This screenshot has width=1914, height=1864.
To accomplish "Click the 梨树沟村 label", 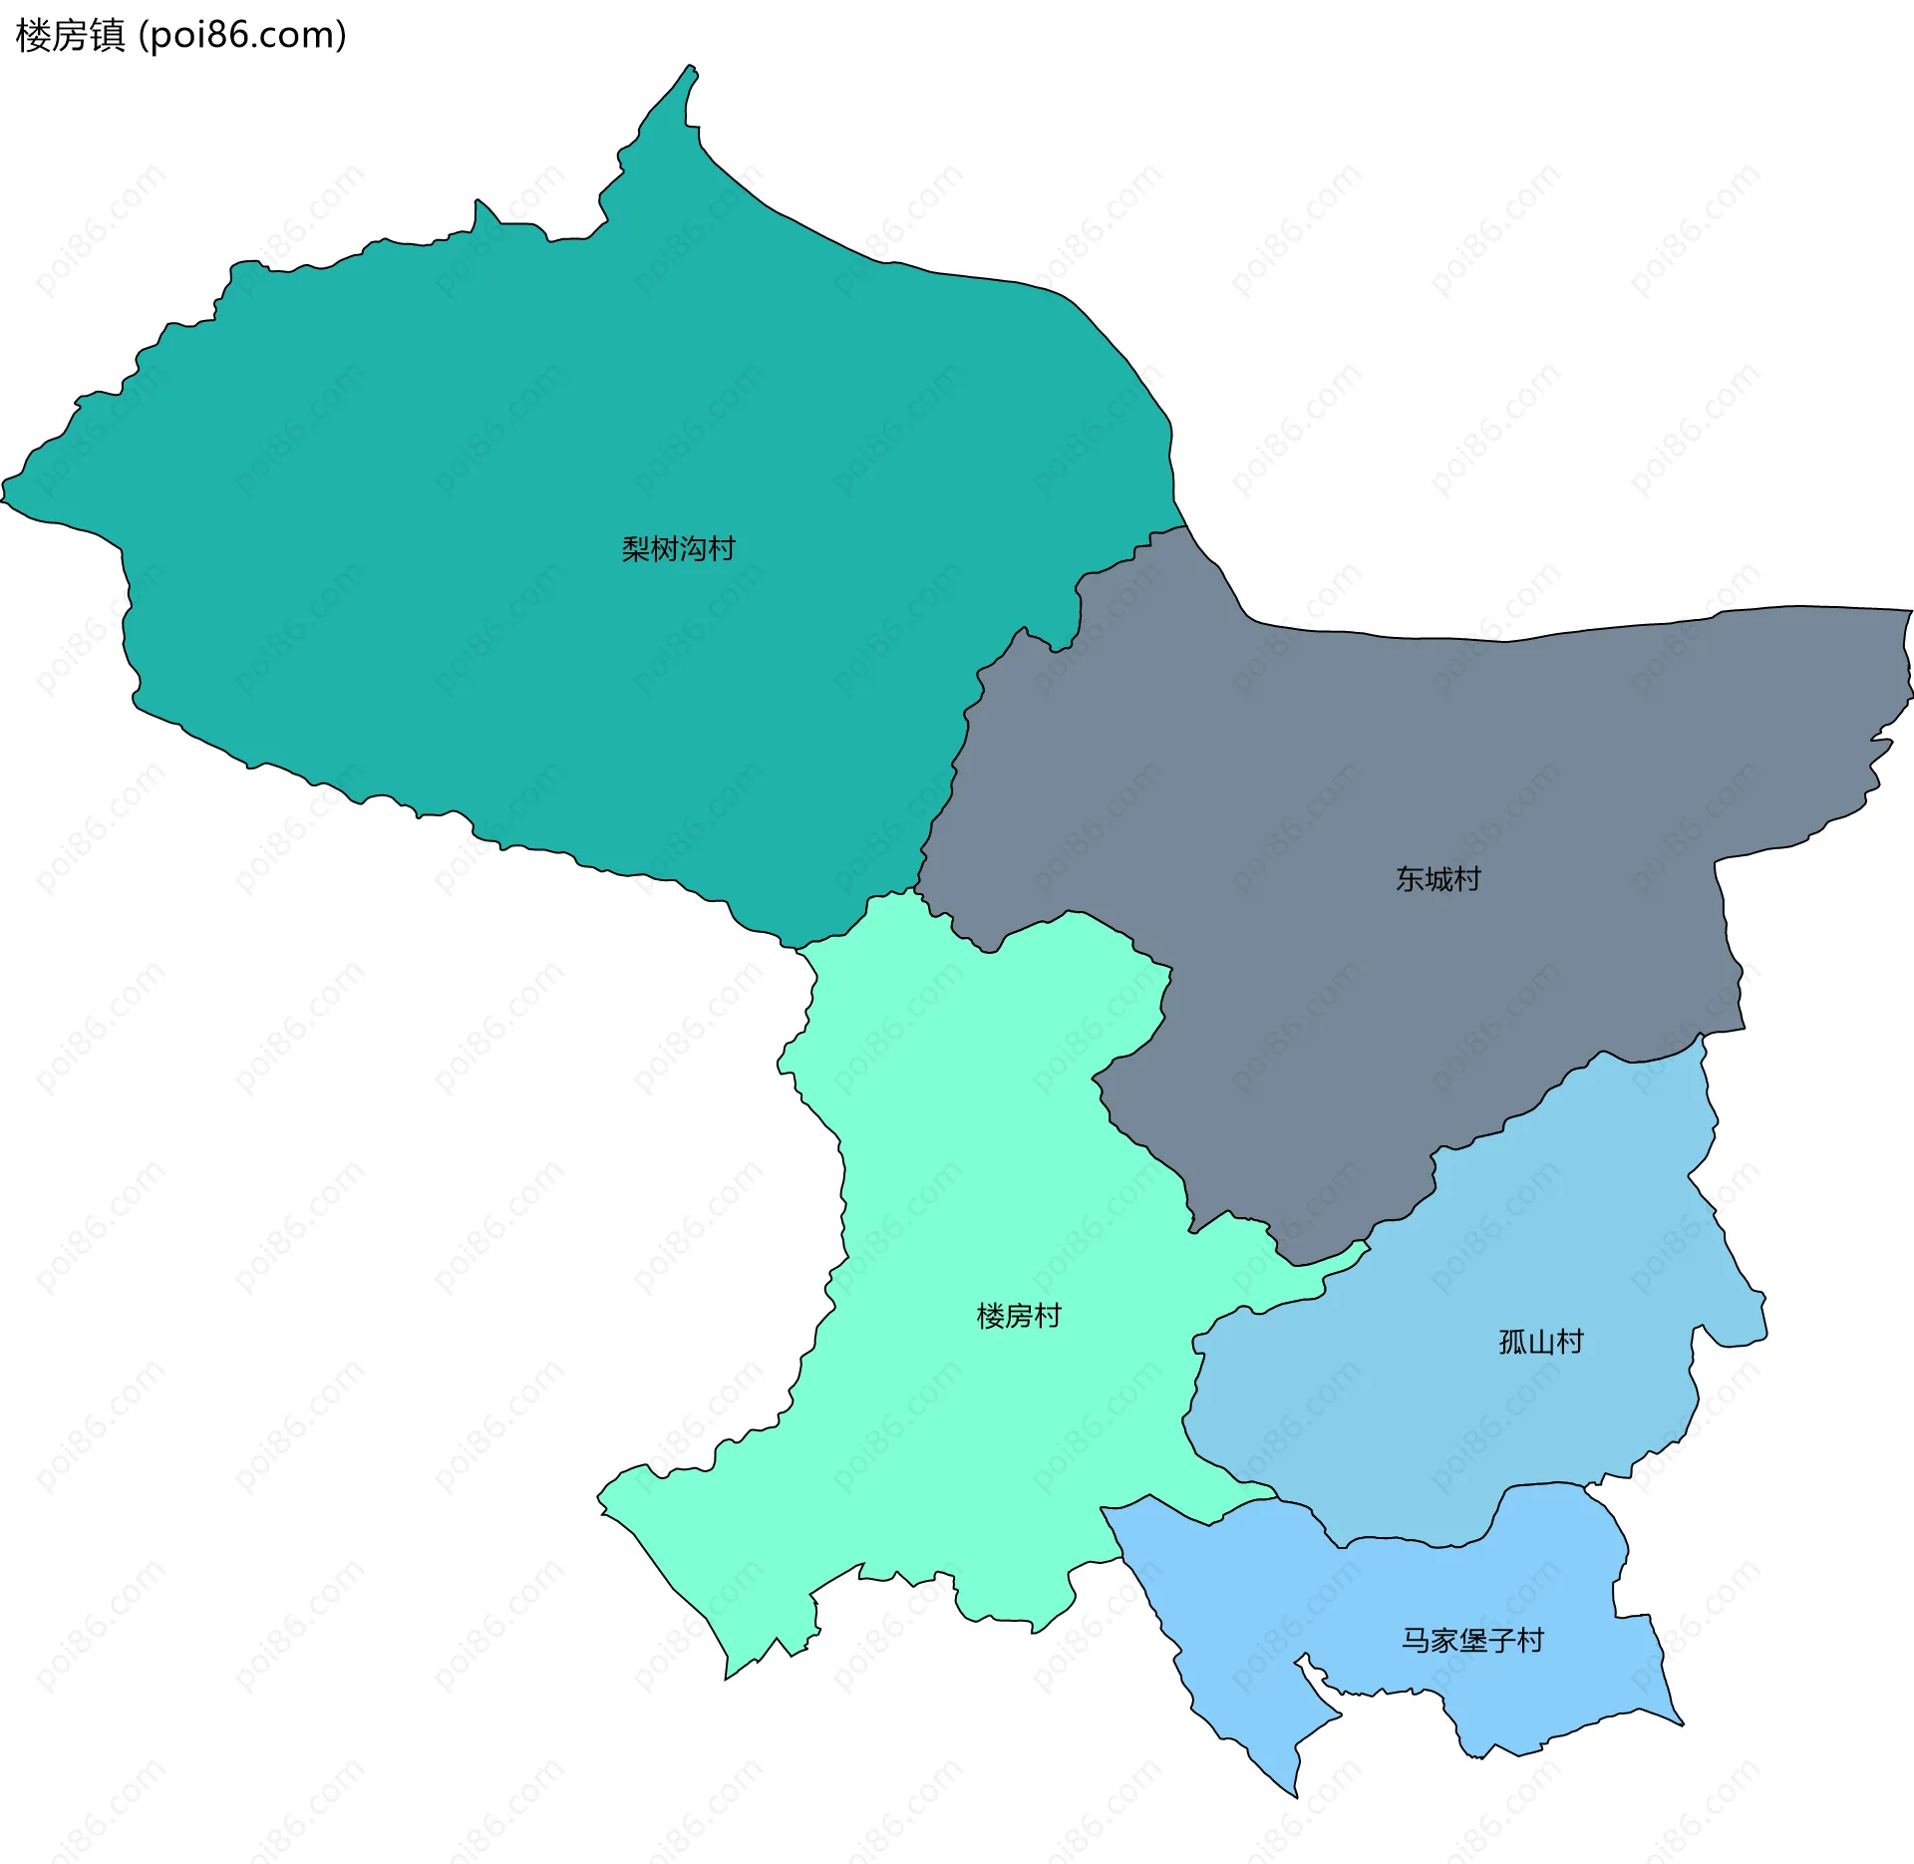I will point(678,548).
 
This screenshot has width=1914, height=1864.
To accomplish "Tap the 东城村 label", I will point(1437,879).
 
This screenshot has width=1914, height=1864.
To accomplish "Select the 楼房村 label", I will point(1019,1316).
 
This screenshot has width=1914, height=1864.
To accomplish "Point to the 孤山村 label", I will point(1541,1342).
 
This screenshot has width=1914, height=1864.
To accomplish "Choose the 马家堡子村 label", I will point(1472,1640).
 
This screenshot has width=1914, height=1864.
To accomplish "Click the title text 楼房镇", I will point(70,36).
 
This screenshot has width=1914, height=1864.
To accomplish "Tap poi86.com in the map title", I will point(242,36).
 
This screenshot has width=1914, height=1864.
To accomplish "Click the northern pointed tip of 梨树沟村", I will point(690,68).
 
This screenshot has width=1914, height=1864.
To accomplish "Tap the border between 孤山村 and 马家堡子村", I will point(1416,1543).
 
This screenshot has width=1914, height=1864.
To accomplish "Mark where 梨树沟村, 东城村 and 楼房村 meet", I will point(917,886).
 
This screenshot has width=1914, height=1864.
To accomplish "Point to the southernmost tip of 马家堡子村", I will point(1296,1796).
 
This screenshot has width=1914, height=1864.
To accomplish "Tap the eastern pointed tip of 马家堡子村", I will point(1682,1723).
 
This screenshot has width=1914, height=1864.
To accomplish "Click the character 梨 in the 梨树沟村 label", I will point(635,548).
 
